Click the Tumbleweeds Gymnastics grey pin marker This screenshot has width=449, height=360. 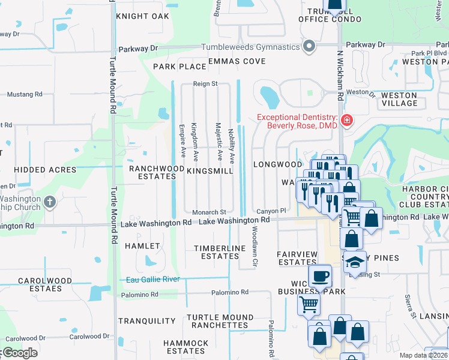309,46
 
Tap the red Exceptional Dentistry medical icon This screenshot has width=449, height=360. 346,121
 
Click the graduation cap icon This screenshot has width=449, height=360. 355,263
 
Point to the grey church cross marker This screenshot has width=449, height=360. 50,202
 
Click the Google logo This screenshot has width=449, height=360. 19,353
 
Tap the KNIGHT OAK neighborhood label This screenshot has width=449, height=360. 143,16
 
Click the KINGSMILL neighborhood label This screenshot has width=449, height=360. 209,171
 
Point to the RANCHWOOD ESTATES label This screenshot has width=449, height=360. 157,173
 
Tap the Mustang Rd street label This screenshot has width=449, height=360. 25,94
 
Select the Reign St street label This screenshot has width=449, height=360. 205,85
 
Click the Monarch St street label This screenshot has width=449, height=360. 209,212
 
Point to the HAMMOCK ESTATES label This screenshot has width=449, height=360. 186,347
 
